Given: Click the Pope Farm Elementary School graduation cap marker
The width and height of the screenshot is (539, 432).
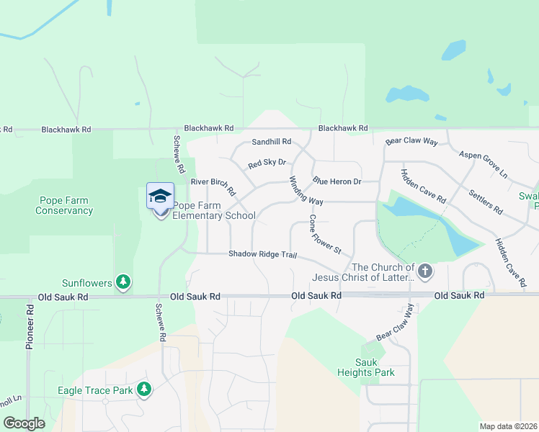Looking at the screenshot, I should point(160,196).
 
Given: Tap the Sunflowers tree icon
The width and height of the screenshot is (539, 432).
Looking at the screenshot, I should point(123,282).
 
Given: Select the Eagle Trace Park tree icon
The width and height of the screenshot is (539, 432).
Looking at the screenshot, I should point(145,390).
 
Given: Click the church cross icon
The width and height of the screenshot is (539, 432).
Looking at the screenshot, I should point(425,271).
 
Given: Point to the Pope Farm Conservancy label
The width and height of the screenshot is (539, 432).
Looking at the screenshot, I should point(64,205).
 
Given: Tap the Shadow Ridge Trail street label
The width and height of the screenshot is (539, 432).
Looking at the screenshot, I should point(262,254).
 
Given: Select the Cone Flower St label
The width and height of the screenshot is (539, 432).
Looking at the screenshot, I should point(324,235).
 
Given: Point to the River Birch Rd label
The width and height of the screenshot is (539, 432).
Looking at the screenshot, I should point(213,186).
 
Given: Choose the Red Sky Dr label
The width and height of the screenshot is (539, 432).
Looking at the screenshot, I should point(267,163).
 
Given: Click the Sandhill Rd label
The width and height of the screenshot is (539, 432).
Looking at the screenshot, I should point(271,142).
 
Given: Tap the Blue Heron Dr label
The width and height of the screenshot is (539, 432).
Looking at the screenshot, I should point(337,181).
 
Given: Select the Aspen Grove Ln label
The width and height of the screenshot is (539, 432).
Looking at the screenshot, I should point(483,166).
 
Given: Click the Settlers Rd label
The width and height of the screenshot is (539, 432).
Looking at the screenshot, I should point(485,202).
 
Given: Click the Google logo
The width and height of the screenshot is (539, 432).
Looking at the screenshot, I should point(24,423).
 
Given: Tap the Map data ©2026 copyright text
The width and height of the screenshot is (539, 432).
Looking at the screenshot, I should point(507,426).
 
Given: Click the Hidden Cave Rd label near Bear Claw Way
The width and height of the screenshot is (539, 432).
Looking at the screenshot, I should point(424,186).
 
